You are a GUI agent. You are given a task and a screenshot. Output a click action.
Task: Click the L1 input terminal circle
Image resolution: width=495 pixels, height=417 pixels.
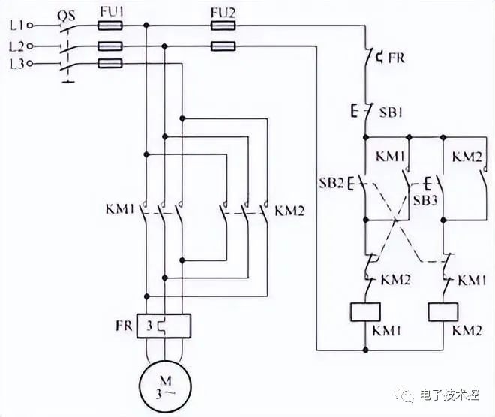click(30, 25)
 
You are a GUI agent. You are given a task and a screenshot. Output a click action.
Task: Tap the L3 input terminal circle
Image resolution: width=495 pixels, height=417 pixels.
click(30, 64)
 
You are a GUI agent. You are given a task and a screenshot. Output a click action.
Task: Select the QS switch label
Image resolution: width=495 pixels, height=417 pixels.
click(67, 16)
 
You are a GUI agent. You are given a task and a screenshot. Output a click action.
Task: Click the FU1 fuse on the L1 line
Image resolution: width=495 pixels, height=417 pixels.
click(109, 25)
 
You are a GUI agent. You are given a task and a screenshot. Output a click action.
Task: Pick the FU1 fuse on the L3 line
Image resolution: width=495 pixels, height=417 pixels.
click(109, 64)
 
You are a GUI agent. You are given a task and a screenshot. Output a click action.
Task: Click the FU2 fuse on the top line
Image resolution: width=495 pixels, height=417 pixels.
click(223, 25)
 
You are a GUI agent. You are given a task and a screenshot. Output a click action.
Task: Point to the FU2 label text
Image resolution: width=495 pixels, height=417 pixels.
click(223, 13)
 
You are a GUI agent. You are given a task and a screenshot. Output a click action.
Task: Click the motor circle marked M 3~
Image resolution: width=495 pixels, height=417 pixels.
click(165, 386)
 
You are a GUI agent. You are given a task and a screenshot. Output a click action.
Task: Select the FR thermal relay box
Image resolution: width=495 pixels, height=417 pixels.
click(163, 325)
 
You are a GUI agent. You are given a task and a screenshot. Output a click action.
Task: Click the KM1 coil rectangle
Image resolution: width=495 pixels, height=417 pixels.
click(365, 312)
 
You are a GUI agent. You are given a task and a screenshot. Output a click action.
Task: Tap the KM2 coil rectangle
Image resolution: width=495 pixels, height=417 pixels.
click(443, 312)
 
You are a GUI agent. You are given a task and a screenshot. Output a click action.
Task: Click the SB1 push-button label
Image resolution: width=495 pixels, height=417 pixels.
click(391, 112)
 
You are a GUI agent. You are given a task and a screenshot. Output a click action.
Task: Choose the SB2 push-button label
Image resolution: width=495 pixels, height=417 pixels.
click(331, 183)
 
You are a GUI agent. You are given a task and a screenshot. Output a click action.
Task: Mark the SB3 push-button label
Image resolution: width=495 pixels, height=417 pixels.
click(425, 200)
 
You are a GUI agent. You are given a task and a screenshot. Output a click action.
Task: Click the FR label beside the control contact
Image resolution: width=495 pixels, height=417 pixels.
click(396, 58)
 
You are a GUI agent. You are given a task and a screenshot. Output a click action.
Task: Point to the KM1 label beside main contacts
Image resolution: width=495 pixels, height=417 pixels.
click(120, 209)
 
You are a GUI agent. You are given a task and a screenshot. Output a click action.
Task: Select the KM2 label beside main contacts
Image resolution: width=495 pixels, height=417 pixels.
click(289, 211)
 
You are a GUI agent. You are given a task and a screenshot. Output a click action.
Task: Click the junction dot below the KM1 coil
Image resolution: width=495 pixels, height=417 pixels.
click(365, 349)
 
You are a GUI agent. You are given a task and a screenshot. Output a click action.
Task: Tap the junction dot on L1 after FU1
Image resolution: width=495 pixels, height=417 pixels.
click(145, 25)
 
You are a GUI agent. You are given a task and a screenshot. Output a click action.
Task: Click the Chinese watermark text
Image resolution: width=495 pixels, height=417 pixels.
click(449, 394)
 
